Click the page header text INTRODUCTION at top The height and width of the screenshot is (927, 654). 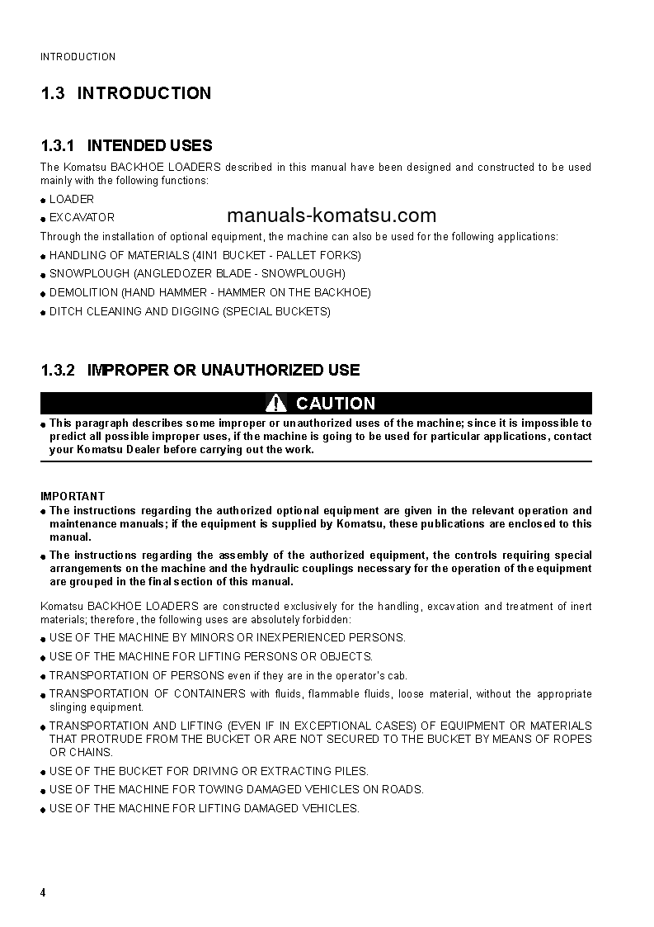(78, 57)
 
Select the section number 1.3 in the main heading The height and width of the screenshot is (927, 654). (53, 93)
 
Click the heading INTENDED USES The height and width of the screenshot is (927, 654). (149, 146)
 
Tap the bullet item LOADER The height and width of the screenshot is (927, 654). (72, 199)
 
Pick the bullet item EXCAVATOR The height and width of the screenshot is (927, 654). (82, 218)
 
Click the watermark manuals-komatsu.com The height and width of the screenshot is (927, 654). (331, 216)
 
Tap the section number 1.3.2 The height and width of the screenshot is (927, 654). (58, 371)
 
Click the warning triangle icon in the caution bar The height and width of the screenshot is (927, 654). (276, 403)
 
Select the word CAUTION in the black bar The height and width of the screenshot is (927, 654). (336, 404)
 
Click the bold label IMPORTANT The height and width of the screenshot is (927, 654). (73, 496)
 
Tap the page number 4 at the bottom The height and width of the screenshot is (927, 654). (44, 893)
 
